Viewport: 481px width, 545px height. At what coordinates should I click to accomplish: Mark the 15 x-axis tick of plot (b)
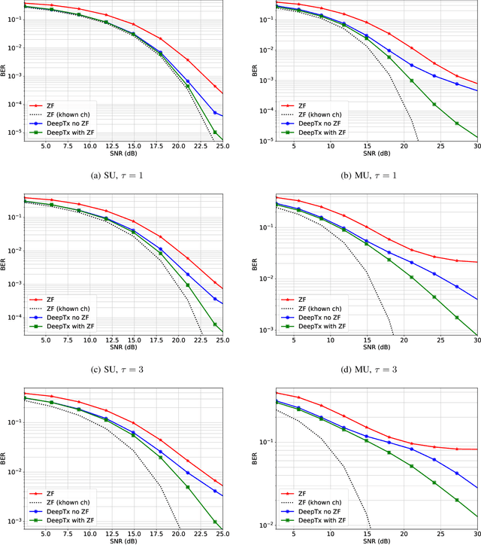367,148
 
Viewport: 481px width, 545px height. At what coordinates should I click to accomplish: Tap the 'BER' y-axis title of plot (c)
5,264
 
